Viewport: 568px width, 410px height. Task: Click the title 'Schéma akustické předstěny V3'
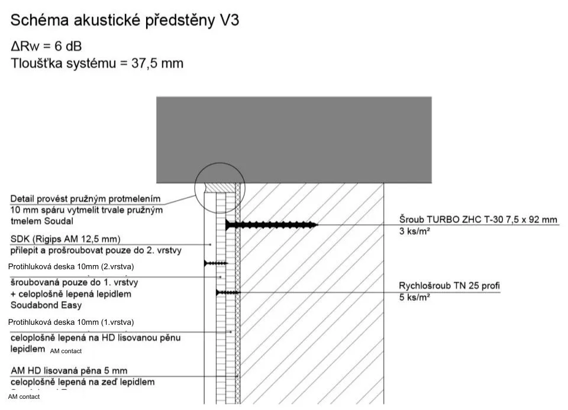coord(124,21)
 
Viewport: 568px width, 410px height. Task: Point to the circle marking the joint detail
coord(220,186)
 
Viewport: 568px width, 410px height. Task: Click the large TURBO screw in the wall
coord(272,225)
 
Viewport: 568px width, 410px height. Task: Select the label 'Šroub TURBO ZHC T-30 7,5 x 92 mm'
coord(478,220)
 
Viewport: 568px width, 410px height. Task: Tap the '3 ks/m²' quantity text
coord(414,231)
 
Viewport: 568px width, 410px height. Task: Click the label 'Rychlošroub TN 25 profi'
coord(449,286)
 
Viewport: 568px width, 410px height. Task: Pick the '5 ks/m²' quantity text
coord(414,298)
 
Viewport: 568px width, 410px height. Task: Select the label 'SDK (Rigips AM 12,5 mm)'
coord(66,239)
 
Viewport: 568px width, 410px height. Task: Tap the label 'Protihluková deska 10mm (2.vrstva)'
coord(71,267)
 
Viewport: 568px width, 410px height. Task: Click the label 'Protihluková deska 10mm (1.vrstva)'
coord(71,322)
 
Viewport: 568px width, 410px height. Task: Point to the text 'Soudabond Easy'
coord(46,305)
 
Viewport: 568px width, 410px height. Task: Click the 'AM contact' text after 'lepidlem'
coord(66,351)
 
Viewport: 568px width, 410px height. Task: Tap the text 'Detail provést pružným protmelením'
coord(85,199)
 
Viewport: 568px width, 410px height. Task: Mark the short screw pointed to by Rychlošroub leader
coord(228,292)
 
